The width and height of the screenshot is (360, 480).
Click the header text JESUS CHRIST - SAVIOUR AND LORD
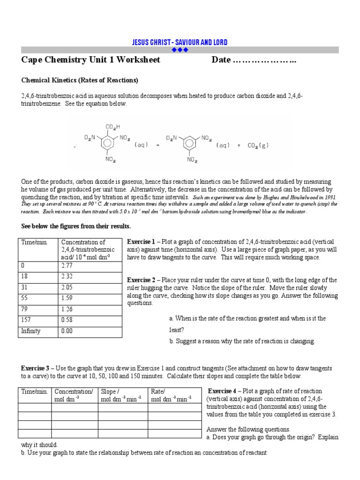(x=180, y=43)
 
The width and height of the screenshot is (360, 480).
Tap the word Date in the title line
(x=221, y=60)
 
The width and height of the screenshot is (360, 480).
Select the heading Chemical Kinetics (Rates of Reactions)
(x=80, y=80)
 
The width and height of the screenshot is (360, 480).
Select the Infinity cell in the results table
(x=31, y=331)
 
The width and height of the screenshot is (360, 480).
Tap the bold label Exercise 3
(x=35, y=368)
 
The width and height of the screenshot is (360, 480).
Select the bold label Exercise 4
(x=222, y=391)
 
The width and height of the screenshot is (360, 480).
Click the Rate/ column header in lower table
(x=158, y=391)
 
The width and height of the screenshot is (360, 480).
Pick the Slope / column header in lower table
(x=110, y=391)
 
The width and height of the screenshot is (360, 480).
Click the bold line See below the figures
(x=76, y=226)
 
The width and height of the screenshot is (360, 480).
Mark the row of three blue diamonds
(x=180, y=50)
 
